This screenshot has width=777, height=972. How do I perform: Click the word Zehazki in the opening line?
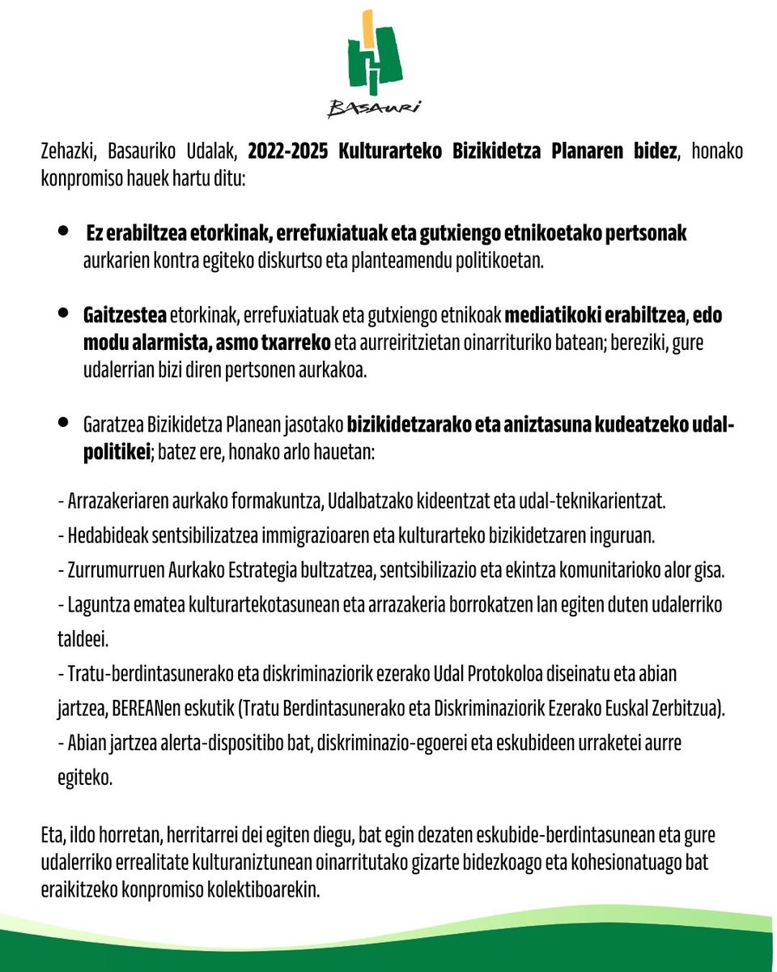[67, 151]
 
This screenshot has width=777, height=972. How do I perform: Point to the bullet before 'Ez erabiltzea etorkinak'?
[64, 232]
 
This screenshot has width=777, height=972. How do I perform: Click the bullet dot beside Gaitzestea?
[64, 312]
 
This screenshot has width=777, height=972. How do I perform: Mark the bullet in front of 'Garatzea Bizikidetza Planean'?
[64, 423]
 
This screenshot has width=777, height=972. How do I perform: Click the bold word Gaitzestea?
[125, 314]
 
